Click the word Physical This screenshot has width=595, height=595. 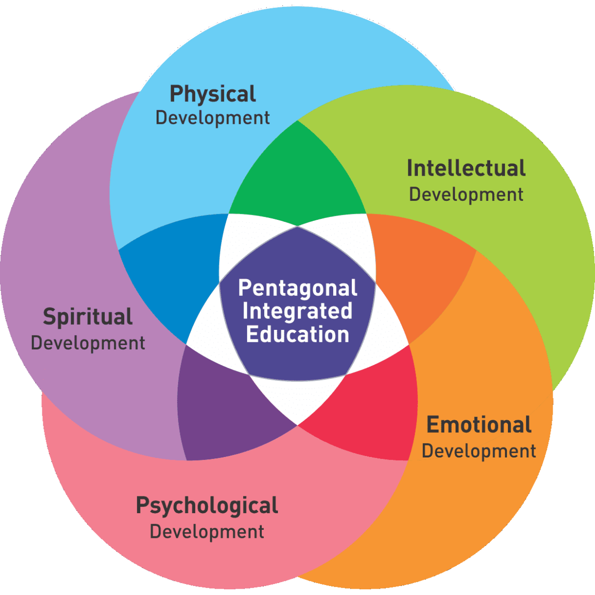coord(213,94)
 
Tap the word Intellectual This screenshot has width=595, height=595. coord(466,169)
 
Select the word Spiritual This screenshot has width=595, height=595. coord(88,317)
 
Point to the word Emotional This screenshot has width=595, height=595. coord(479,425)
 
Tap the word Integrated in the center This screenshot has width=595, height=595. coord(297,311)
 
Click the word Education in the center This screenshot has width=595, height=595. coord(297,334)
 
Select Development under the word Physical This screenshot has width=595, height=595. coord(212,118)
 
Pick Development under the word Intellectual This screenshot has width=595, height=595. coord(466,195)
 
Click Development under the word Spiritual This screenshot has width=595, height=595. coord(88,343)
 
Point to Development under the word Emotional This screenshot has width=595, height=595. coord(479,451)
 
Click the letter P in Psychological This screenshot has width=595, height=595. coord(143,505)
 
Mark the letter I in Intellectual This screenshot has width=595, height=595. coord(409,169)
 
